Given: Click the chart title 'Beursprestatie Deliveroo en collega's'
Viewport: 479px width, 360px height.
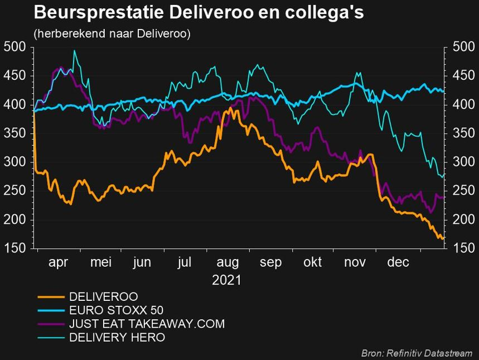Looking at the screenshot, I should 199,12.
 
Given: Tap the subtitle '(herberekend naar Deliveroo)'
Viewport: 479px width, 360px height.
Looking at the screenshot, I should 112,34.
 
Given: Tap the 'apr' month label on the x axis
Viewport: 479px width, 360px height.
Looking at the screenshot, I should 58,262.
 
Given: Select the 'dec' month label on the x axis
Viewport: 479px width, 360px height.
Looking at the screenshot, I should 399,262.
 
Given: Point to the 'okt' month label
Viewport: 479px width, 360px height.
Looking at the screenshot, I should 312,262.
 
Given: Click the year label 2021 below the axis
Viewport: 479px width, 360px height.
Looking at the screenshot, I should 226,280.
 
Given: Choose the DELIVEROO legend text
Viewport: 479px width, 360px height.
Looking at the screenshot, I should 103,296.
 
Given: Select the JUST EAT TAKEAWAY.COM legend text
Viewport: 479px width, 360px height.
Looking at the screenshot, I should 147,324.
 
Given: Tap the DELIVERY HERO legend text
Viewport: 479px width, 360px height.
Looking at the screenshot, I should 117,337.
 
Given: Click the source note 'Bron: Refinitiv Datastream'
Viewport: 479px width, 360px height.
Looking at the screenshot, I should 417,353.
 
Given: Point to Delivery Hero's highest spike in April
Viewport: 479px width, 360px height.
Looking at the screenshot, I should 74,51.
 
